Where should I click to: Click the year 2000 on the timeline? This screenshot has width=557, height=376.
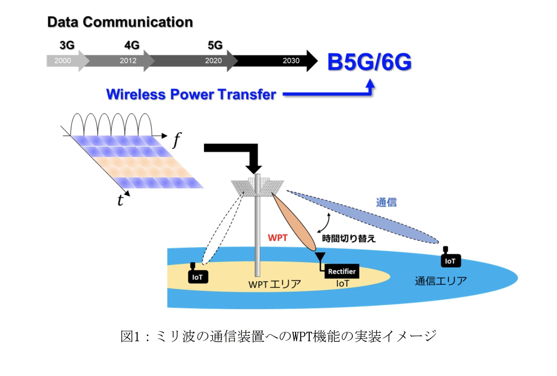[62, 61]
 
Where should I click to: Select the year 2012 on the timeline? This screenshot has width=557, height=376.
[128, 61]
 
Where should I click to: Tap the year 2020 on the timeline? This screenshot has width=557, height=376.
[213, 61]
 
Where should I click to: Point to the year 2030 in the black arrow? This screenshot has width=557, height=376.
[291, 61]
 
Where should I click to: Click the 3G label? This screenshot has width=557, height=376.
[67, 45]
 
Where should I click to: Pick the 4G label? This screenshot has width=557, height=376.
[132, 45]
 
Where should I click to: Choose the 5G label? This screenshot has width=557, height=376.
[215, 45]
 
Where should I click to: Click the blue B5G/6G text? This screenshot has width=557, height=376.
[369, 62]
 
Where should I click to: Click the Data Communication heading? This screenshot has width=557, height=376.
[120, 22]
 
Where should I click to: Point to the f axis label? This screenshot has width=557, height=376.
[177, 140]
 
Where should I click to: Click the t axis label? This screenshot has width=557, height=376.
[120, 200]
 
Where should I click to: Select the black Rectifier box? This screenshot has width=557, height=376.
[342, 271]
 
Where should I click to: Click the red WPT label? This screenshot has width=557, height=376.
[278, 238]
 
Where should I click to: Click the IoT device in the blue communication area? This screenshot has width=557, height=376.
[450, 260]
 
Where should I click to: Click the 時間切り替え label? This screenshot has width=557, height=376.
[349, 239]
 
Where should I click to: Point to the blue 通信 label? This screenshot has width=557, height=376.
[386, 202]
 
